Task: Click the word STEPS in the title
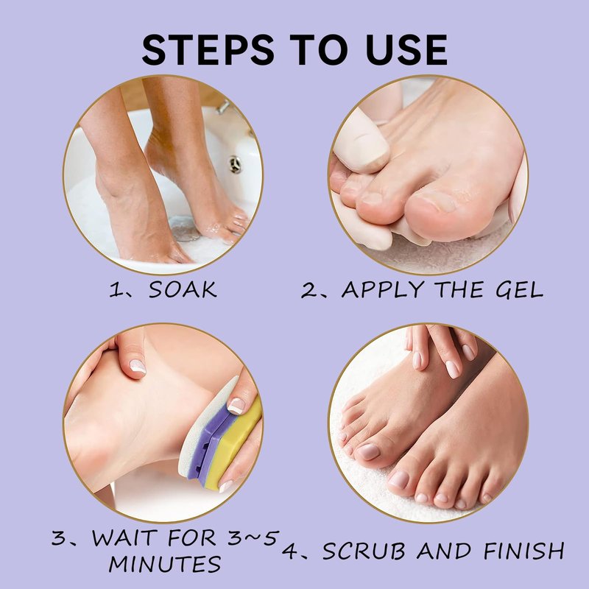[x=208, y=50]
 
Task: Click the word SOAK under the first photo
[x=183, y=289]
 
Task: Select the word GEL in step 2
[x=520, y=289]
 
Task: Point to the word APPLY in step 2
[x=383, y=290]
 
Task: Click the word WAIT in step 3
[x=124, y=538]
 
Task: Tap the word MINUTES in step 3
[x=164, y=564]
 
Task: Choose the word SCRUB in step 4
[x=364, y=551]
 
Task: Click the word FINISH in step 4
[x=524, y=551]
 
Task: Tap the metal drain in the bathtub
[x=235, y=164]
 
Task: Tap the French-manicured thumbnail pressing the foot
[x=137, y=366]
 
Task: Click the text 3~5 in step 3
[x=253, y=538]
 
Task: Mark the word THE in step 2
[x=459, y=289]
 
